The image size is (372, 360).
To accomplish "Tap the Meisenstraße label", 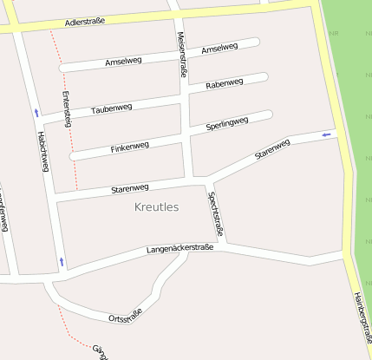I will tap(182, 55).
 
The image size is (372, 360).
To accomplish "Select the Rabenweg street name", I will tap(225, 84).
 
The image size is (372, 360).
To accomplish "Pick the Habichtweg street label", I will tap(42, 152).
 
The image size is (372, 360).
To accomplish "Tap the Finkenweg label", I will tap(130, 147).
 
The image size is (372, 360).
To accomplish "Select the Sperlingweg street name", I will tap(227, 124).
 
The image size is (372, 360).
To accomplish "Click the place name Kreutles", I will tap(157, 207).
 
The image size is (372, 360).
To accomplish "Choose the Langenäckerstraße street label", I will tap(179, 249).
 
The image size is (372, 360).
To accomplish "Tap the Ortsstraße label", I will tap(124, 315).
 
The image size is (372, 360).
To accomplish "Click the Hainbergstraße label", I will tap(362, 308).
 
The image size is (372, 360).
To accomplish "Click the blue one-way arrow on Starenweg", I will tap(326, 134).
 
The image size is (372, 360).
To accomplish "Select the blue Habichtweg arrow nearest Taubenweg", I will tap(36, 112).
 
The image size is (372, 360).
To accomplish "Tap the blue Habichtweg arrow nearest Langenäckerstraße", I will tap(62, 260).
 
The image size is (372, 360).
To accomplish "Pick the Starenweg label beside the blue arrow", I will tap(272, 149).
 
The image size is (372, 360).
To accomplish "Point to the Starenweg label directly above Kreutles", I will tap(130, 188).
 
